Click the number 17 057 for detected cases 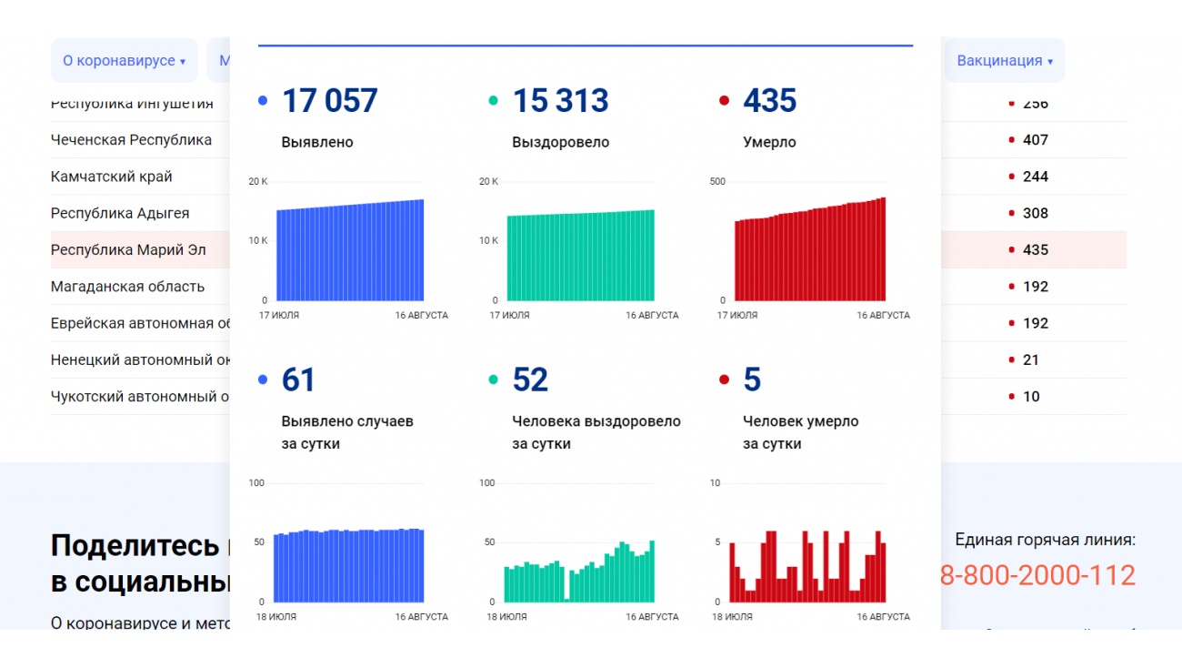tap(329, 101)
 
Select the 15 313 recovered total tap(560, 101)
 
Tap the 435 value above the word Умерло tap(769, 101)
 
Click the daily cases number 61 tap(298, 380)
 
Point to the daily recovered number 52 tap(530, 380)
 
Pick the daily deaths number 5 tap(752, 380)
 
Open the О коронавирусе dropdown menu tap(124, 61)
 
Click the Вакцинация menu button tap(1004, 61)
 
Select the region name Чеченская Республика tap(131, 140)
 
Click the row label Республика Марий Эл tap(128, 250)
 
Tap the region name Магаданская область tap(127, 287)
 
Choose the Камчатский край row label tap(111, 177)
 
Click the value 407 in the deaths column tap(1035, 140)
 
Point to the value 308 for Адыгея tap(1035, 214)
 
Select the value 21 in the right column tap(1030, 360)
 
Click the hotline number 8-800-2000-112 tap(1037, 575)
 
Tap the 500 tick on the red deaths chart tap(717, 182)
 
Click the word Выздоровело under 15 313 tap(560, 143)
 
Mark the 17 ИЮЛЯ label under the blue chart tap(279, 316)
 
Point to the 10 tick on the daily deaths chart tap(715, 483)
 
